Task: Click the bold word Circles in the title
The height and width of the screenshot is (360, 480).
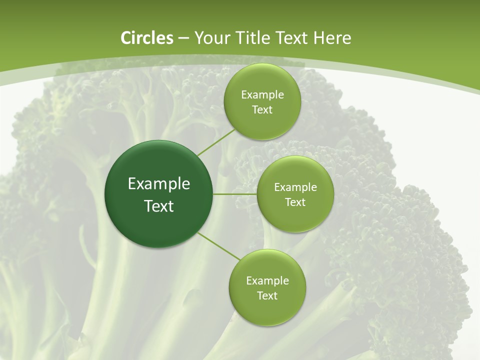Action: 147,38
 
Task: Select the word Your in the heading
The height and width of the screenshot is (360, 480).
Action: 212,38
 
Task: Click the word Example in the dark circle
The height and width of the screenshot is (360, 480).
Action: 159,184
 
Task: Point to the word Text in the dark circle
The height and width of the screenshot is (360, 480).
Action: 159,206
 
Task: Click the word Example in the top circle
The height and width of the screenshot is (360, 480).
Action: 262,95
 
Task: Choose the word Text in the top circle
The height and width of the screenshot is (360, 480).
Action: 262,110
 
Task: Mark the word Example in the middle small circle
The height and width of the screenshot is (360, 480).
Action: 295,187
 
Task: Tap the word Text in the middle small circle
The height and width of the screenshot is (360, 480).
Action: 295,202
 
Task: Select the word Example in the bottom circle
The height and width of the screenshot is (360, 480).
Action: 267,281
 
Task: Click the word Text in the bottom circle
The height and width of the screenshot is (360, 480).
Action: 267,296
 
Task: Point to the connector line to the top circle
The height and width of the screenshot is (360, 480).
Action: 216,142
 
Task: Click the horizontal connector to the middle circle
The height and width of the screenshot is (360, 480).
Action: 234,194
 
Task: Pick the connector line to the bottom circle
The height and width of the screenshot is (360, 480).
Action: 219,246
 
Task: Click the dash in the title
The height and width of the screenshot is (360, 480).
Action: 183,38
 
